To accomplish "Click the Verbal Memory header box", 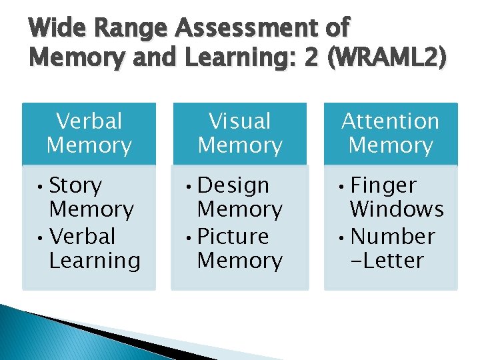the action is (89, 133).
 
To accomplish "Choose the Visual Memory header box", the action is (240, 133).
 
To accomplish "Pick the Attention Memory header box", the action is (391, 133).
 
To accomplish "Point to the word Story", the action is (75, 185).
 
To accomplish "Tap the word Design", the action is (233, 185).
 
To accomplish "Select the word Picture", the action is (233, 237).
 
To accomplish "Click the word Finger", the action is (383, 185).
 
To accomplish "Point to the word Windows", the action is (396, 209).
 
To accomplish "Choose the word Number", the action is (392, 237).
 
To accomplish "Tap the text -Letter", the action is (387, 261).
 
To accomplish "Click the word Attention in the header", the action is (391, 121).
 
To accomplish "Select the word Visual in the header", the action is (240, 121).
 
